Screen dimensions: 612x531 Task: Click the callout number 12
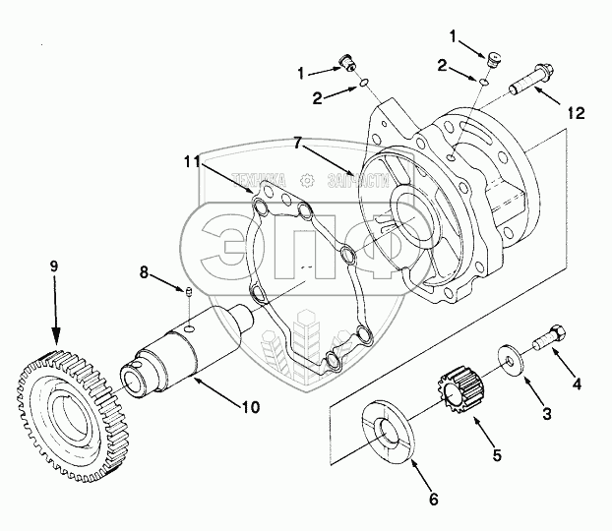576,113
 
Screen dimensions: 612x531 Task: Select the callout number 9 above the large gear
55,265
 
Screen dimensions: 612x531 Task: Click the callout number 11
193,159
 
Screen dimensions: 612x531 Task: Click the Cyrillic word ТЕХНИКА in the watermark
260,181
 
